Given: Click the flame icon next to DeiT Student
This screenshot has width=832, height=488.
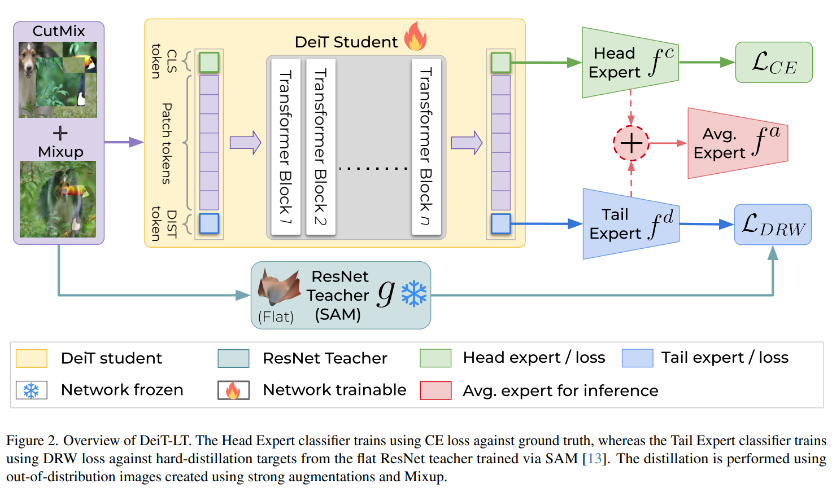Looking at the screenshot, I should pyautogui.click(x=415, y=37).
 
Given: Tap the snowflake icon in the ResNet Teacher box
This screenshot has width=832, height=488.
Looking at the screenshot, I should pyautogui.click(x=414, y=294).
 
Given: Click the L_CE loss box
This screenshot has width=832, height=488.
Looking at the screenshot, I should pyautogui.click(x=774, y=63).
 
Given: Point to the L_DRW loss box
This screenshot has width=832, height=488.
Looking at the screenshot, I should pyautogui.click(x=773, y=225).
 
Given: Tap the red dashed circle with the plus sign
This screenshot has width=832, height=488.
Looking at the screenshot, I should pyautogui.click(x=631, y=143).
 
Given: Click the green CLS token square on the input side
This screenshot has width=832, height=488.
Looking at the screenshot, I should pyautogui.click(x=209, y=62).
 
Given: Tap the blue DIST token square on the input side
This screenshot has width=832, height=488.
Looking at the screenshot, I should pyautogui.click(x=209, y=223).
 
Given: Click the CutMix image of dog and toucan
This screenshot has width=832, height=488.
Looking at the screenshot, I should pyautogui.click(x=58, y=80).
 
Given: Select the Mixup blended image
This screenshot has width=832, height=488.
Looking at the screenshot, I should pyautogui.click(x=58, y=199).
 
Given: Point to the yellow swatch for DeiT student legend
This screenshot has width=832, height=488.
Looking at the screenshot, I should pyautogui.click(x=31, y=358).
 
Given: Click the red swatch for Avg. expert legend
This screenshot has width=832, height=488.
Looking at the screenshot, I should pyautogui.click(x=435, y=390).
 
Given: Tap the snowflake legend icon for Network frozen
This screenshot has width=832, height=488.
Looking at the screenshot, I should pyautogui.click(x=31, y=390).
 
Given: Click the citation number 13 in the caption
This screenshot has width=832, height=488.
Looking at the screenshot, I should pyautogui.click(x=595, y=459).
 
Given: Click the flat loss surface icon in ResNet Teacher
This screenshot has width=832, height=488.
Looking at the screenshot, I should pyautogui.click(x=278, y=287).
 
